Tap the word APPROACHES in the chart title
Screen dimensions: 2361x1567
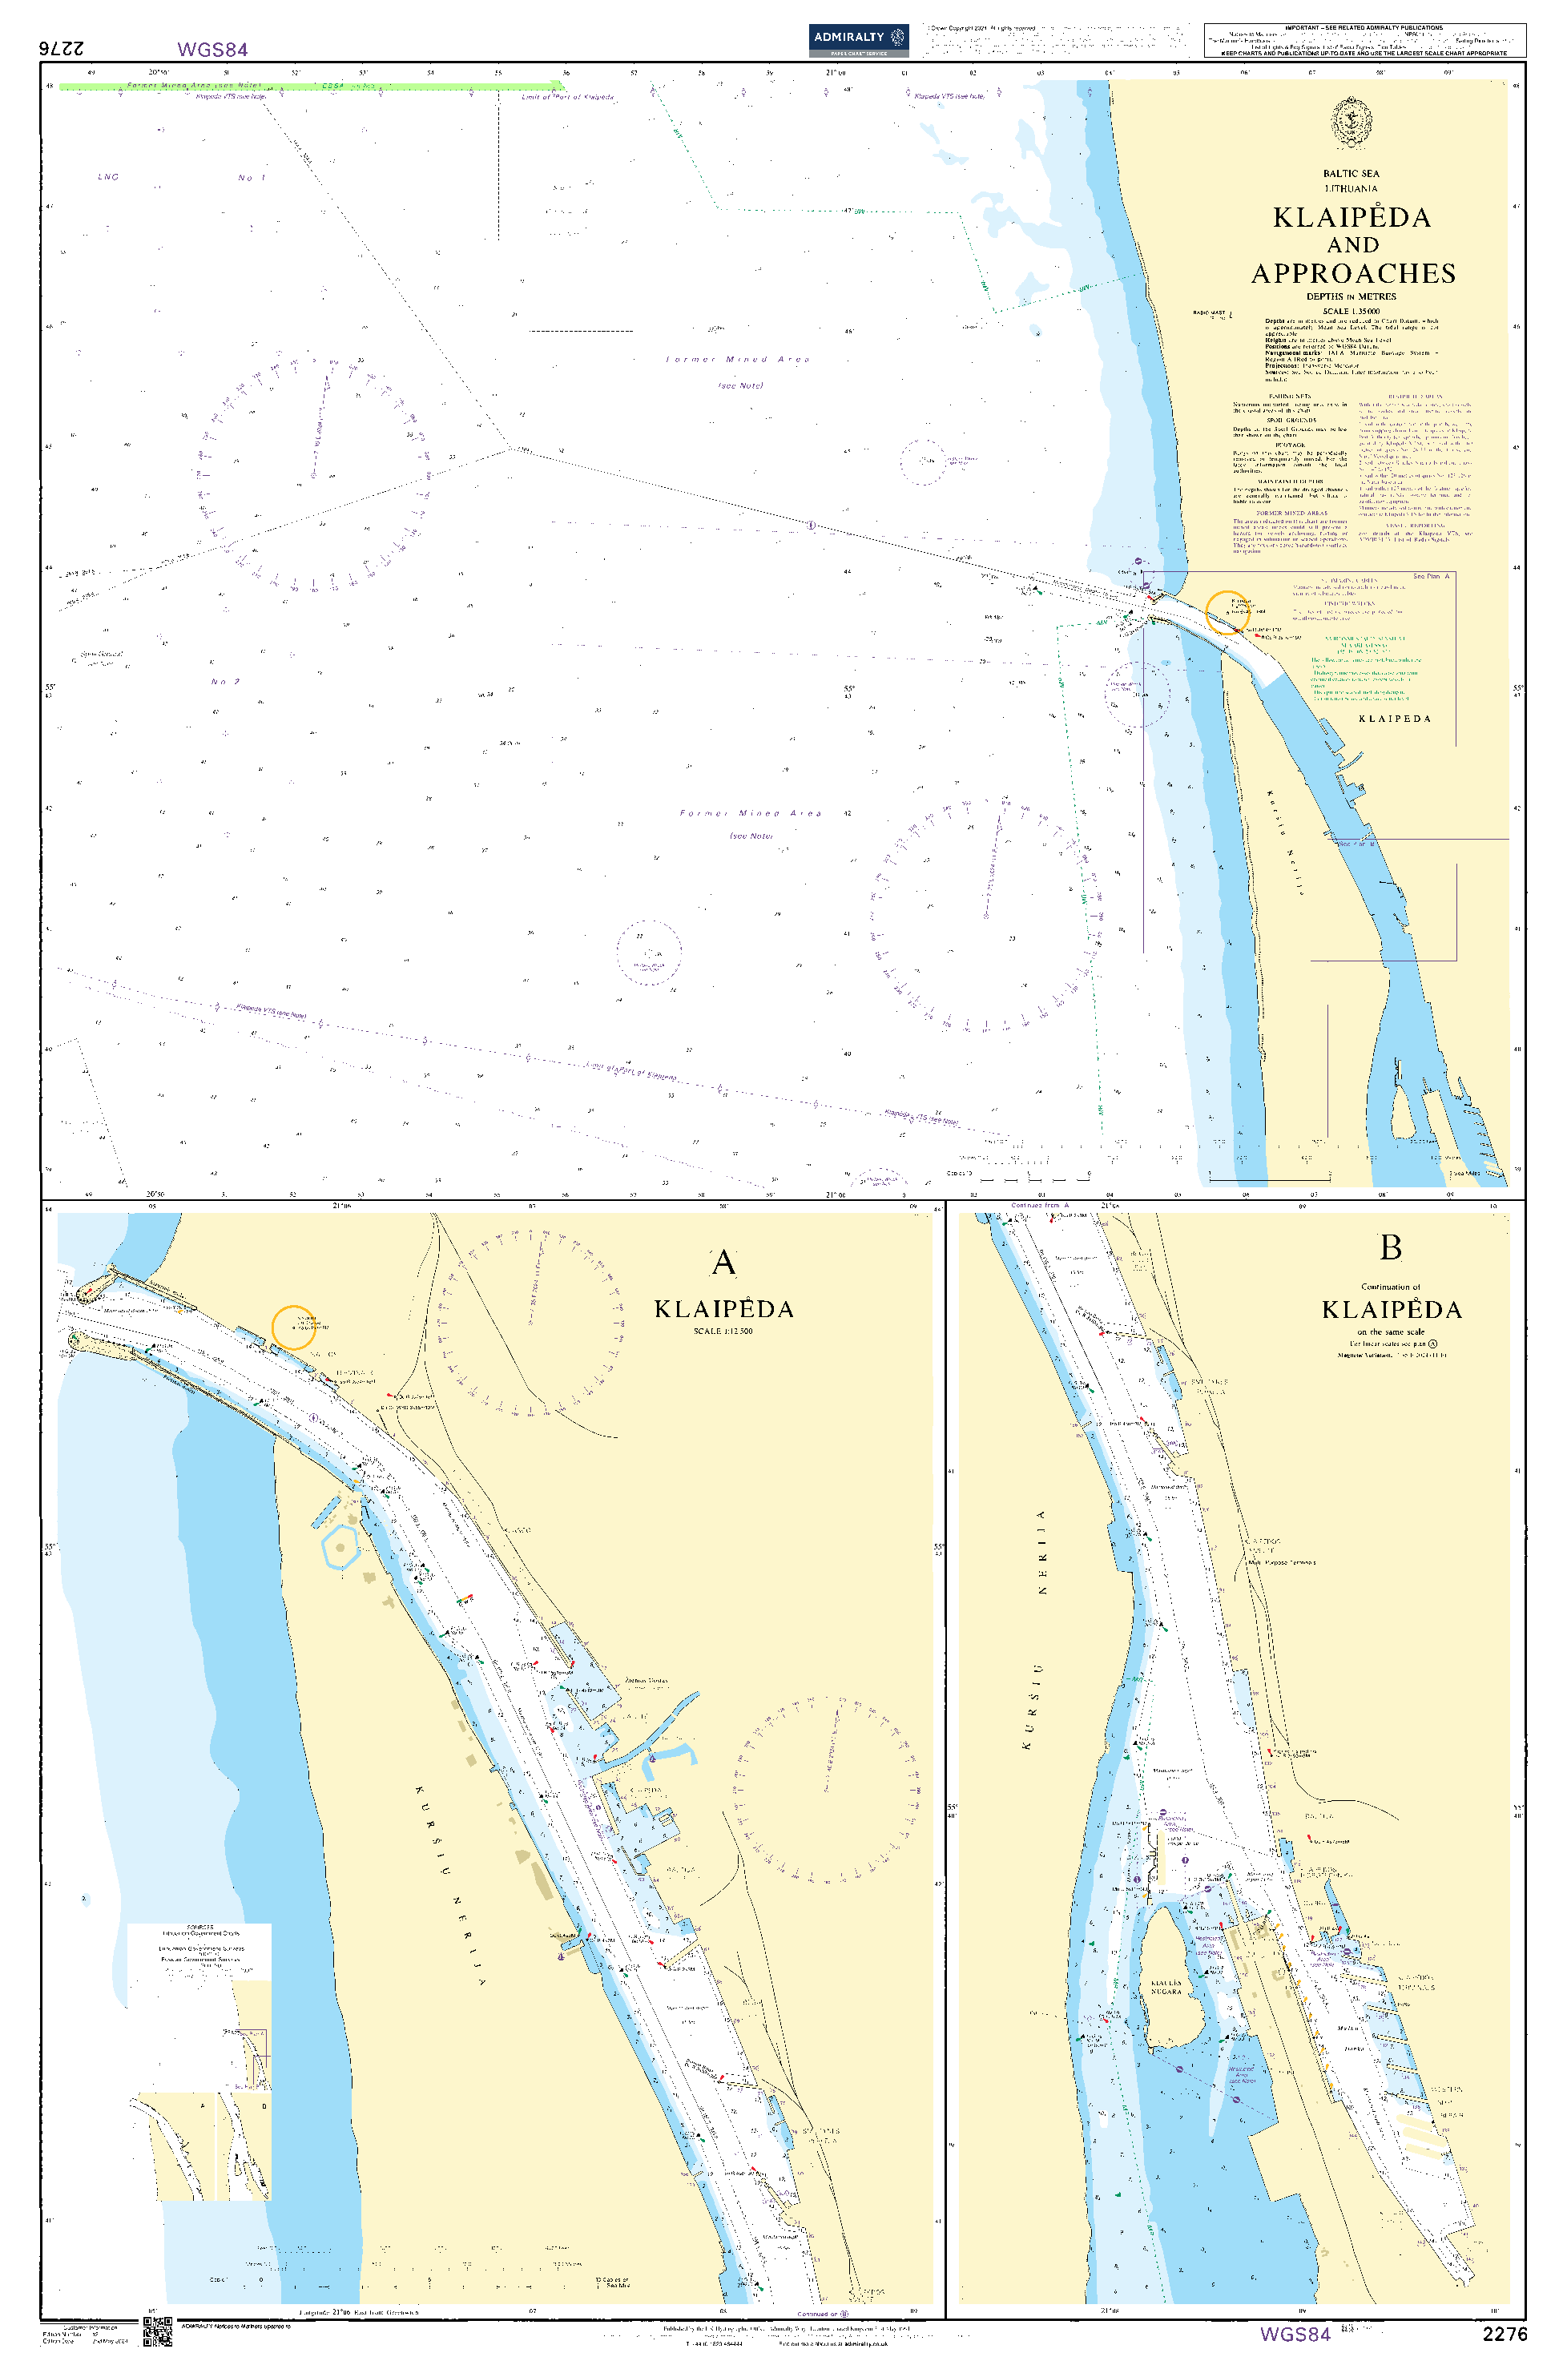tap(1353, 274)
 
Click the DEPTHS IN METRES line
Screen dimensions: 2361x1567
tap(1351, 296)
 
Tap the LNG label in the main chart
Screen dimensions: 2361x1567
tap(108, 177)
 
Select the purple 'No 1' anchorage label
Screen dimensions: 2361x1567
tap(252, 178)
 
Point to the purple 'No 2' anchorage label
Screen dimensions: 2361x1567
tap(226, 682)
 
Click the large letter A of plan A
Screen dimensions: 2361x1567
tap(723, 1263)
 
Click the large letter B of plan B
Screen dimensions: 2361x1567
tap(1390, 1248)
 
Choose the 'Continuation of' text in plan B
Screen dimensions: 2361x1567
tap(1390, 1287)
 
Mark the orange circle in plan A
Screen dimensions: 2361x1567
tap(294, 1328)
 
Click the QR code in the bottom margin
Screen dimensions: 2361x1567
tap(158, 2331)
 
